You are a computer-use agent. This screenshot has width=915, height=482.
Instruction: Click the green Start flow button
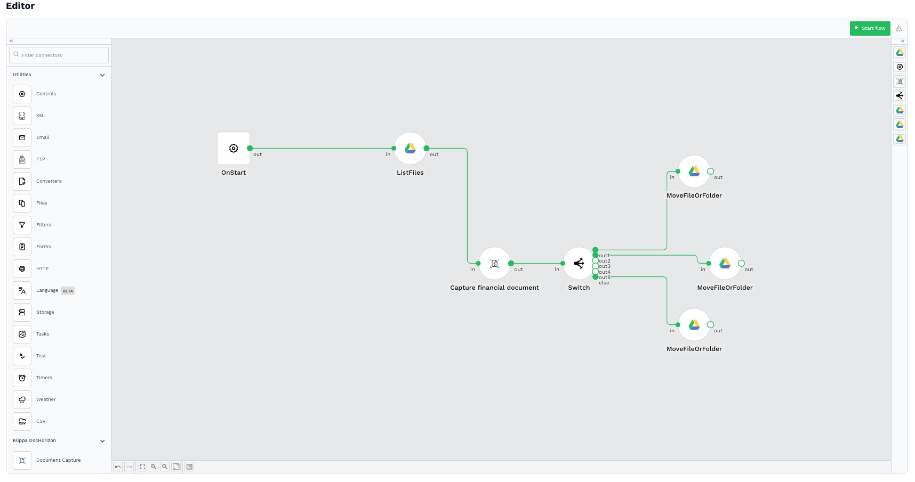[x=870, y=28]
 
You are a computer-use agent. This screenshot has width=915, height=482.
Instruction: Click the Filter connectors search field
[x=59, y=55]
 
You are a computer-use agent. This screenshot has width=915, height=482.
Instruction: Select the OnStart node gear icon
[x=234, y=149]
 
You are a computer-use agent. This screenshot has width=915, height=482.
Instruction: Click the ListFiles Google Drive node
[x=410, y=149]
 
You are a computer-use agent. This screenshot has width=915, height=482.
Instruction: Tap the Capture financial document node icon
[x=494, y=263]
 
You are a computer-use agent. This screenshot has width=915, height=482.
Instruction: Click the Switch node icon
[x=579, y=263]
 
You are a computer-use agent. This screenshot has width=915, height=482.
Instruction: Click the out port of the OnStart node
[x=250, y=149]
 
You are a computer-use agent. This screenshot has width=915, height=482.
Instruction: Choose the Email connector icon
[x=22, y=137]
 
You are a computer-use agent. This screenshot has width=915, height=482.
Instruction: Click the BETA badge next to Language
[x=68, y=291]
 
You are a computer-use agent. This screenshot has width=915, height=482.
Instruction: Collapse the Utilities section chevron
[x=102, y=75]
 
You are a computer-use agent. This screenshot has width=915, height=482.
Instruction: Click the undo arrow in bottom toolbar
[x=118, y=467]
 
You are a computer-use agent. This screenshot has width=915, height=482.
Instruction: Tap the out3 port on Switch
[x=595, y=266]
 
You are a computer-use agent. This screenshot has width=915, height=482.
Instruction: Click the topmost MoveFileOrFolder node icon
[x=694, y=171]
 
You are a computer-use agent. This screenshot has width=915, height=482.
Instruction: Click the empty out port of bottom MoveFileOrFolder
[x=710, y=325]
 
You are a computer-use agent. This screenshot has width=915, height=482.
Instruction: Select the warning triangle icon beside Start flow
[x=899, y=29]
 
